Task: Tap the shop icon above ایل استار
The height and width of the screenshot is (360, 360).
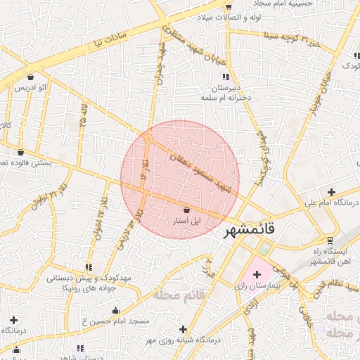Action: click(x=186, y=210)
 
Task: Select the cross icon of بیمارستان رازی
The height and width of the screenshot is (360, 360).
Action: click(x=256, y=274)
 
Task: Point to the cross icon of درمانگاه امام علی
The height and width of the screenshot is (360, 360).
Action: click(x=331, y=192)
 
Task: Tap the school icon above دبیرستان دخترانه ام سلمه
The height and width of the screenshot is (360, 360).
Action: click(x=225, y=77)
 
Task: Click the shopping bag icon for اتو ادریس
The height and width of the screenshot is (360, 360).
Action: click(x=31, y=77)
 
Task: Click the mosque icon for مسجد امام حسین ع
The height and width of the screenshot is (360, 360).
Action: click(x=115, y=310)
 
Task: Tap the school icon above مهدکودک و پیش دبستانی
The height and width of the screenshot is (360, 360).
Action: click(x=88, y=267)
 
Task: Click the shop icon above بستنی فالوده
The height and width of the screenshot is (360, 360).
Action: click(x=20, y=152)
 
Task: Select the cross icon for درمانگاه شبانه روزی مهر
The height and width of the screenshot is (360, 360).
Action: click(x=183, y=328)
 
